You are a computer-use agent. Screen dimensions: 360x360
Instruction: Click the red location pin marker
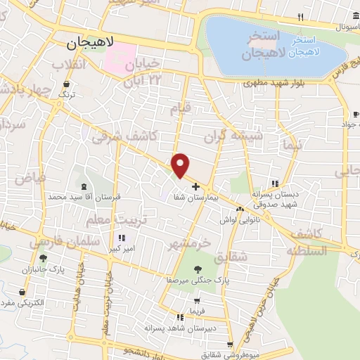[181, 165]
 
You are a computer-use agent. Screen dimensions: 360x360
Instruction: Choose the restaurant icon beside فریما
[182, 311]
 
